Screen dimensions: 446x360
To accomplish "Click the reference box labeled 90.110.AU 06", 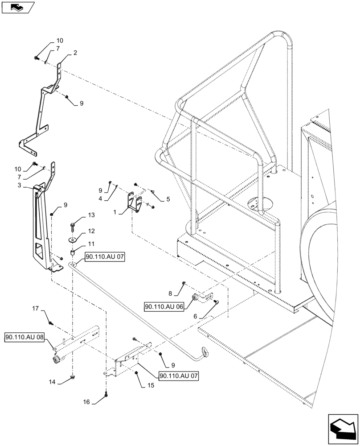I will pos(164,307).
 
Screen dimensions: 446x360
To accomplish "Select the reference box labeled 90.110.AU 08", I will pos(25,337).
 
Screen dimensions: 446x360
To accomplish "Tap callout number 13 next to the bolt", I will pos(91,215).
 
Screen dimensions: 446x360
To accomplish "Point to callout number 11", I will pos(91,244).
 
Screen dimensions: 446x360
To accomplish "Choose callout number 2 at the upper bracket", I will pos(75,53).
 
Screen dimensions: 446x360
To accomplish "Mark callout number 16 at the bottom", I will pos(86,402).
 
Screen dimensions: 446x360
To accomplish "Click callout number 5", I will pos(168,200).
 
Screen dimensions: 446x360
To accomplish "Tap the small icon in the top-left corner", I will pos(18,7).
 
